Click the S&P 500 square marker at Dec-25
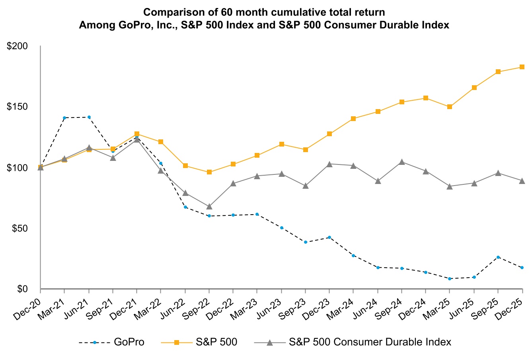pos(522,67)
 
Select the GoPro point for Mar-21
pos(64,118)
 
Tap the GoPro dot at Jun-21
pos(89,117)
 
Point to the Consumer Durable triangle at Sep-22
pos(209,206)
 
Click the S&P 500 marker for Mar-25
pos(450,107)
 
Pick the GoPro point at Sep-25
pos(498,257)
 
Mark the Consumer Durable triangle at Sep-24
pos(402,162)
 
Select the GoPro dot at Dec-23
pos(329,237)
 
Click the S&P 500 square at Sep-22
pos(209,172)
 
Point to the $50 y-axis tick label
pos(19,228)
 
